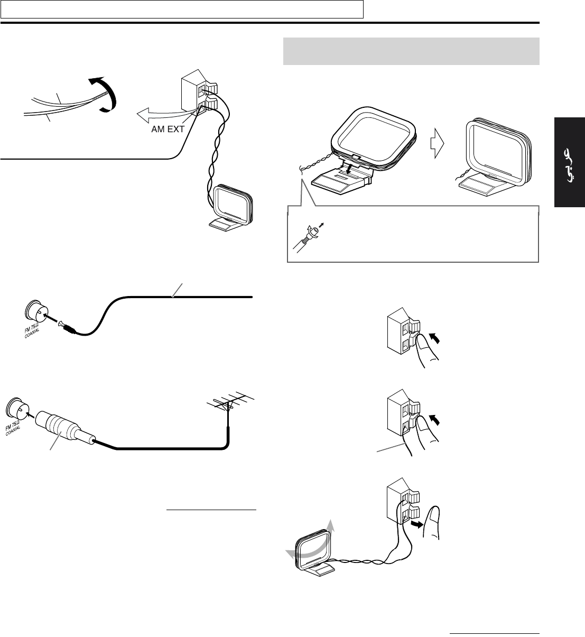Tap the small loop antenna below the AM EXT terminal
(231, 207)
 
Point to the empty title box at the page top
(182, 9)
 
